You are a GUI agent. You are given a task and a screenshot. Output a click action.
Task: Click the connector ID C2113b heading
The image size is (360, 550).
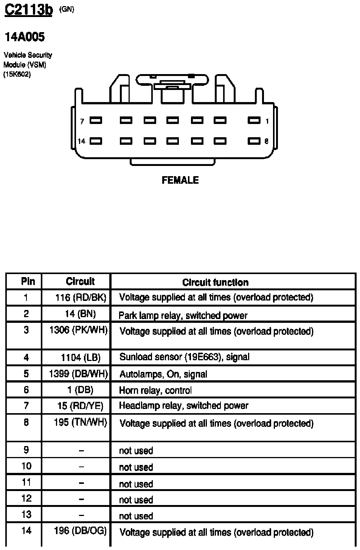(x=28, y=11)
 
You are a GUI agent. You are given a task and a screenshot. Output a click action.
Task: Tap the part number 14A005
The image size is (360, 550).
(x=25, y=37)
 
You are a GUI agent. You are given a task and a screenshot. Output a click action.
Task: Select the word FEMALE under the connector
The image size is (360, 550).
(x=180, y=180)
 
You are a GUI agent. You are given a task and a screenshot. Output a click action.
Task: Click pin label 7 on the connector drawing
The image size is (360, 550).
(x=82, y=121)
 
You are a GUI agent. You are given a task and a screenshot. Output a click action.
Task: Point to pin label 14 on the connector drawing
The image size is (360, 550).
(x=82, y=141)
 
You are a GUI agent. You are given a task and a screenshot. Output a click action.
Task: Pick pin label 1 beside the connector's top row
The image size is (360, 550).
(x=267, y=121)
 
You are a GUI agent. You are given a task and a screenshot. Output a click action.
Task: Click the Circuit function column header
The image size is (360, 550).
(x=215, y=282)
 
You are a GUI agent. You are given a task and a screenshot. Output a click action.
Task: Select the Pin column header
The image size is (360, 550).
(x=28, y=282)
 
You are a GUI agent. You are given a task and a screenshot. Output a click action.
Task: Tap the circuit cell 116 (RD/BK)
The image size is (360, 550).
(x=81, y=297)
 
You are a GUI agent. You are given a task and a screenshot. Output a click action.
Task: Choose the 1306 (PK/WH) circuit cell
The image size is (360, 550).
(x=79, y=330)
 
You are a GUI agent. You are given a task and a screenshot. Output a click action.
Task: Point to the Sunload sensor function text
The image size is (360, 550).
(x=184, y=357)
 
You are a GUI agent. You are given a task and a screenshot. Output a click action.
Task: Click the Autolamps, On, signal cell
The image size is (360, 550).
(x=163, y=374)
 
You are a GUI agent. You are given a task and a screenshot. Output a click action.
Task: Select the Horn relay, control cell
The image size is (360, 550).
(x=155, y=390)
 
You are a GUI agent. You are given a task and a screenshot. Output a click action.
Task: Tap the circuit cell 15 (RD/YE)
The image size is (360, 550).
(x=81, y=406)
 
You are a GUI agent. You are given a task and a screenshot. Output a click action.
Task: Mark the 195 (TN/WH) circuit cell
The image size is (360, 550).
(x=80, y=422)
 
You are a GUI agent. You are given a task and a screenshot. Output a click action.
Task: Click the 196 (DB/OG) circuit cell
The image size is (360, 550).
(x=80, y=531)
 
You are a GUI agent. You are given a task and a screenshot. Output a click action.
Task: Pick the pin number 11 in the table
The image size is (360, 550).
(x=26, y=483)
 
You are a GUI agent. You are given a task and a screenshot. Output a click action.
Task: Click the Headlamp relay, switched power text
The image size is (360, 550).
(x=183, y=406)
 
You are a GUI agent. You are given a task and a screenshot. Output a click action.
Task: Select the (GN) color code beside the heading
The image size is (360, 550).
(x=67, y=10)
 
